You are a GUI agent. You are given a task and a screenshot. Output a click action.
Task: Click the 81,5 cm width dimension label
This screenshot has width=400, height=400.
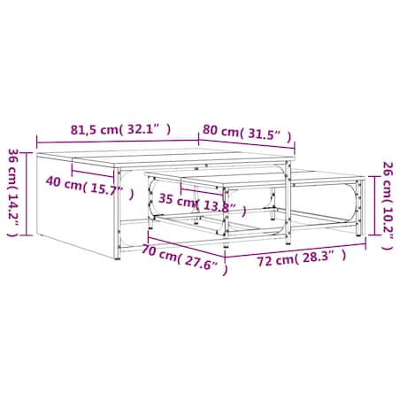(x=120, y=129)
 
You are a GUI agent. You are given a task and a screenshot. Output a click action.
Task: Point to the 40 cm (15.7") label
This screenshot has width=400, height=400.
(x=89, y=188)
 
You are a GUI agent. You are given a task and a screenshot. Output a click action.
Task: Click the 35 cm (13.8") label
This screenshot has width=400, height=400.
(x=203, y=204)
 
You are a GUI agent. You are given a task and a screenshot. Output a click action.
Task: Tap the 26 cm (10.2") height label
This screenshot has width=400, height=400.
(x=388, y=205)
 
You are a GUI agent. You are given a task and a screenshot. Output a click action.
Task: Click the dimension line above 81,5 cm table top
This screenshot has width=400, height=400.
(x=118, y=142)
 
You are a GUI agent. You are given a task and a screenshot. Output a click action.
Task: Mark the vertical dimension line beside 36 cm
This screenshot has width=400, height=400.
(x=27, y=194)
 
